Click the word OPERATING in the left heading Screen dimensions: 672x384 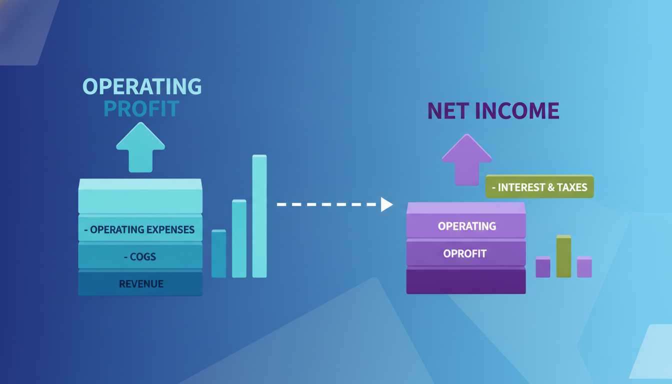tap(142, 86)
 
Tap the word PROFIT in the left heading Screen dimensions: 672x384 tap(141, 108)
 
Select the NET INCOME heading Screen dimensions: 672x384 tap(493, 111)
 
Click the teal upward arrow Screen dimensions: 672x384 tap(140, 147)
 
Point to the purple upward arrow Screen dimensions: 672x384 tap(467, 159)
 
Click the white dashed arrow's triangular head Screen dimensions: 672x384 tap(386, 204)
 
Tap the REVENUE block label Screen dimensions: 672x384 tap(141, 284)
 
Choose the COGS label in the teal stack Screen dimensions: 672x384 tap(140, 257)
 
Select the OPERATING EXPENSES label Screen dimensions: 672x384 tap(139, 230)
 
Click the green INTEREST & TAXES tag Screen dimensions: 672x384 tap(539, 186)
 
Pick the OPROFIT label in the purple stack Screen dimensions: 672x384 tap(464, 254)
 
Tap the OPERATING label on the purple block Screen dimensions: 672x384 tap(467, 226)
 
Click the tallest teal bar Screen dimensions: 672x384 tap(259, 216)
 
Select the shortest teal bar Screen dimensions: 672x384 tap(218, 253)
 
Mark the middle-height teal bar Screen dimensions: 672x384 tap(239, 238)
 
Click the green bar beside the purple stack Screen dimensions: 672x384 tap(563, 256)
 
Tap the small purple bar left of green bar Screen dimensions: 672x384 tap(543, 266)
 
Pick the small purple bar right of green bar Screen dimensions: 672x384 tap(584, 266)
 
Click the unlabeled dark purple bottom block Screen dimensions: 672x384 tap(466, 281)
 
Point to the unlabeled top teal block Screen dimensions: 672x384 tap(140, 196)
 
